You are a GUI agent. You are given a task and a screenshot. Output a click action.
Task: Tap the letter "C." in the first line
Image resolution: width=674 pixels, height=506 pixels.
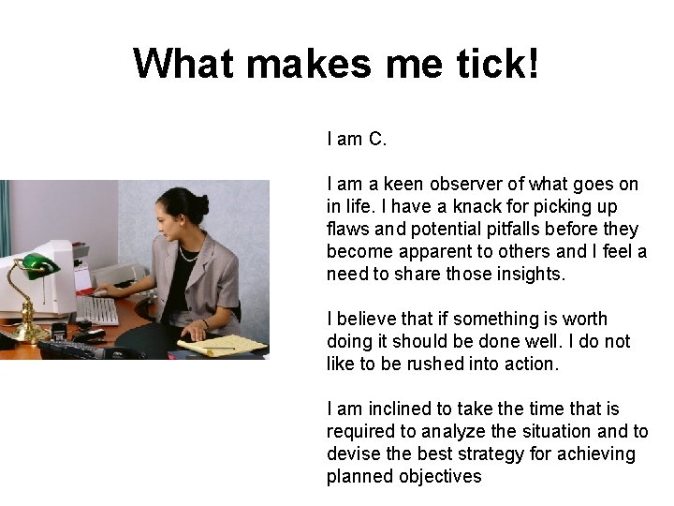click(x=376, y=139)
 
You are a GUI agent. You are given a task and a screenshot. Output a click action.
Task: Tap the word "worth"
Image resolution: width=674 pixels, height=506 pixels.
click(x=583, y=319)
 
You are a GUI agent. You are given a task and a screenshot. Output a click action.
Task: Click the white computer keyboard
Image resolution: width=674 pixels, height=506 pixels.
click(x=97, y=309)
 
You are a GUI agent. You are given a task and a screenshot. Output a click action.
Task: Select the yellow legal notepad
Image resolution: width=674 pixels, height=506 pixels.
click(x=225, y=346)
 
